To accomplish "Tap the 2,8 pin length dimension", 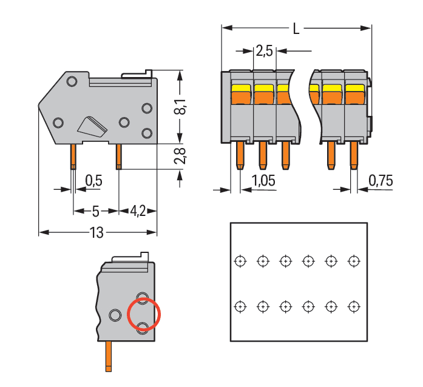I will (x=179, y=156).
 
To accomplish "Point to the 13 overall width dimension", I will (x=96, y=232).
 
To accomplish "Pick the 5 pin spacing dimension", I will (x=95, y=211).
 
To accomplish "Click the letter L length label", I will (x=296, y=29).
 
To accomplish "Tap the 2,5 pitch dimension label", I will (x=264, y=51).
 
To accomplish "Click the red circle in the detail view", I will (x=144, y=315).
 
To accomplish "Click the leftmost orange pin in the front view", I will (x=239, y=156).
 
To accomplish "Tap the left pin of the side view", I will (x=73, y=156).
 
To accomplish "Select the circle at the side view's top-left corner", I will (x=72, y=81).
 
